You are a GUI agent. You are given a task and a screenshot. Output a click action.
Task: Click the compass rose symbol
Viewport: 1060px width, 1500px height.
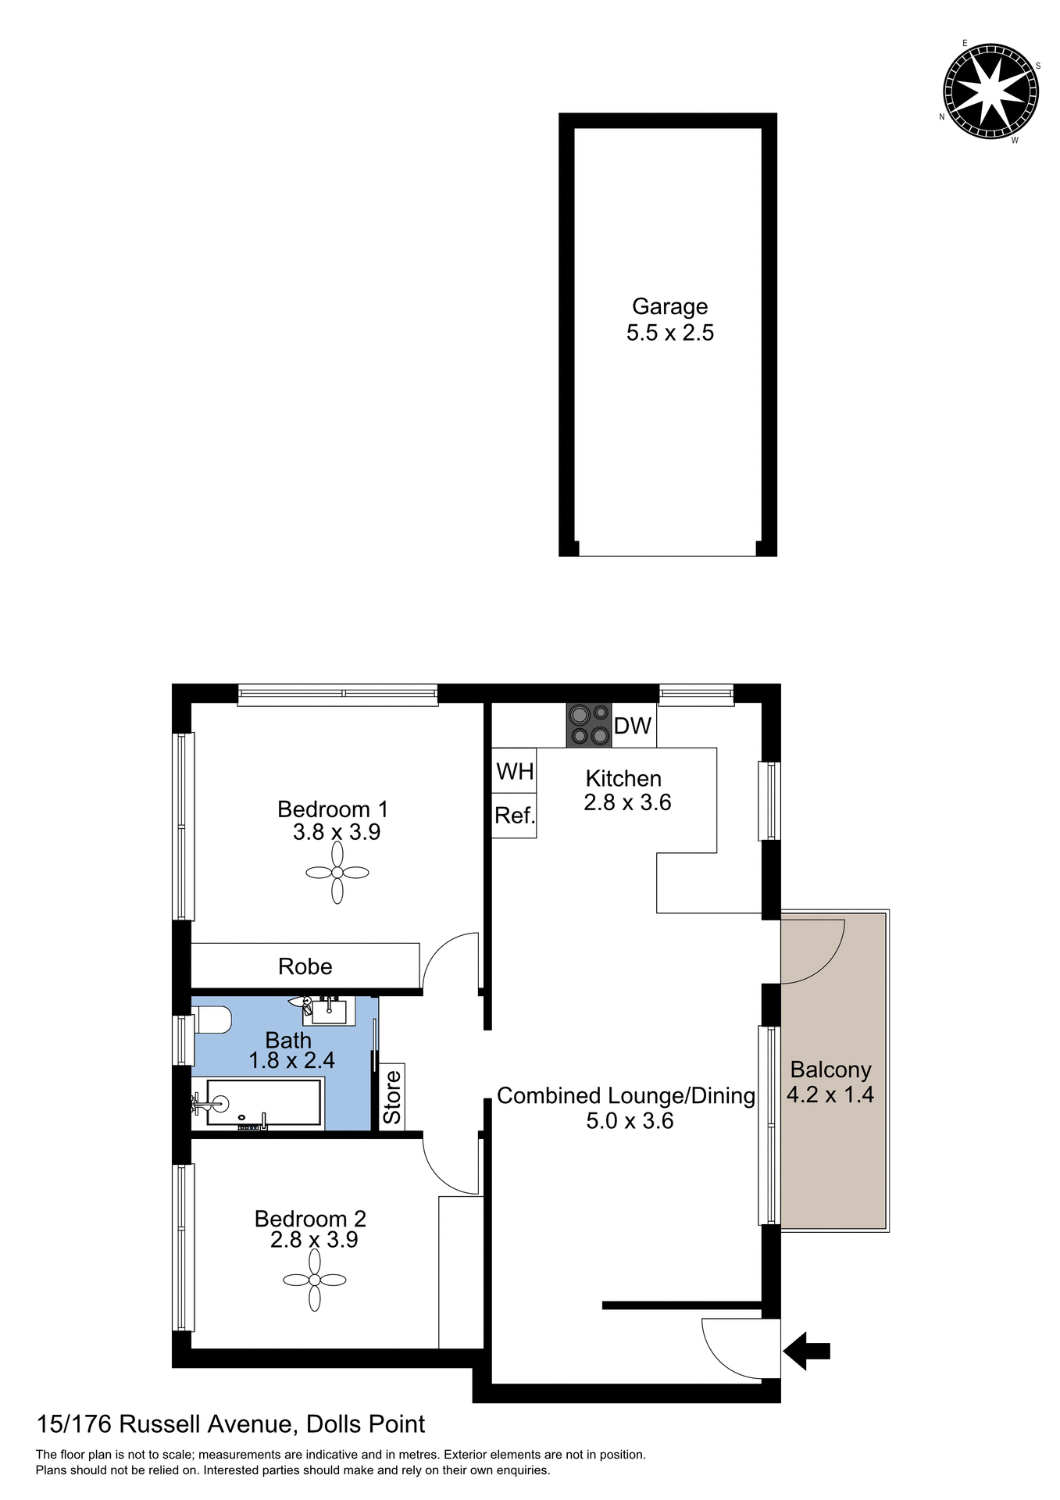[990, 91]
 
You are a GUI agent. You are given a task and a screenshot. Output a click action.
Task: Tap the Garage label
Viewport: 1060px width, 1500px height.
[669, 307]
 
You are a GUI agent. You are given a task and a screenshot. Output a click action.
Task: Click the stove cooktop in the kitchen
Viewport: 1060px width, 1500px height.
[589, 725]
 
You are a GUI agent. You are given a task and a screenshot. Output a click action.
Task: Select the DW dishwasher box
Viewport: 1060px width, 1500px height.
[633, 726]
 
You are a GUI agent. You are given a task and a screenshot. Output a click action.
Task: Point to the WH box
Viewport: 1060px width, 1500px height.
[514, 772]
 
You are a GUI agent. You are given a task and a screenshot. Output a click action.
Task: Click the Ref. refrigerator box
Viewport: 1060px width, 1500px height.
[514, 816]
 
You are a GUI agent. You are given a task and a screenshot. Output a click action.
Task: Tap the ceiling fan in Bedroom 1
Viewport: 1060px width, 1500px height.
[337, 873]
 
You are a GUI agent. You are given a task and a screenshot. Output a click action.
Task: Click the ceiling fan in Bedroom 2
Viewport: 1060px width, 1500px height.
[315, 1280]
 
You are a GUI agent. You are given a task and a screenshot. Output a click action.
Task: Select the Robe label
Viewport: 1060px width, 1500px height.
[305, 967]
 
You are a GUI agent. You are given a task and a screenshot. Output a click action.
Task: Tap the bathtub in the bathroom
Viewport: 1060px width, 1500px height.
[264, 1103]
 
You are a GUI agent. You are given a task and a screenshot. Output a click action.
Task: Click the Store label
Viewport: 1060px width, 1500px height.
[392, 1097]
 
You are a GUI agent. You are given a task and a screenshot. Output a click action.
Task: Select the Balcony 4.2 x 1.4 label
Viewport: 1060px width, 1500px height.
[830, 1083]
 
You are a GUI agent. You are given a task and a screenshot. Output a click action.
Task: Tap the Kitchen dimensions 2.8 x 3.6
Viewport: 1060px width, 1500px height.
[627, 803]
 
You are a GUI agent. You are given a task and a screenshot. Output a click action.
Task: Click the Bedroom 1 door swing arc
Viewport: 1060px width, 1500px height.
[451, 960]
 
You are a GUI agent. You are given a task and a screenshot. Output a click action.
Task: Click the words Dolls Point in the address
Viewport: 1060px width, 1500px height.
[366, 1424]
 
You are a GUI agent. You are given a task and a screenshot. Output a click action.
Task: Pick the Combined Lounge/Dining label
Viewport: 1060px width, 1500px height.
[626, 1096]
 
